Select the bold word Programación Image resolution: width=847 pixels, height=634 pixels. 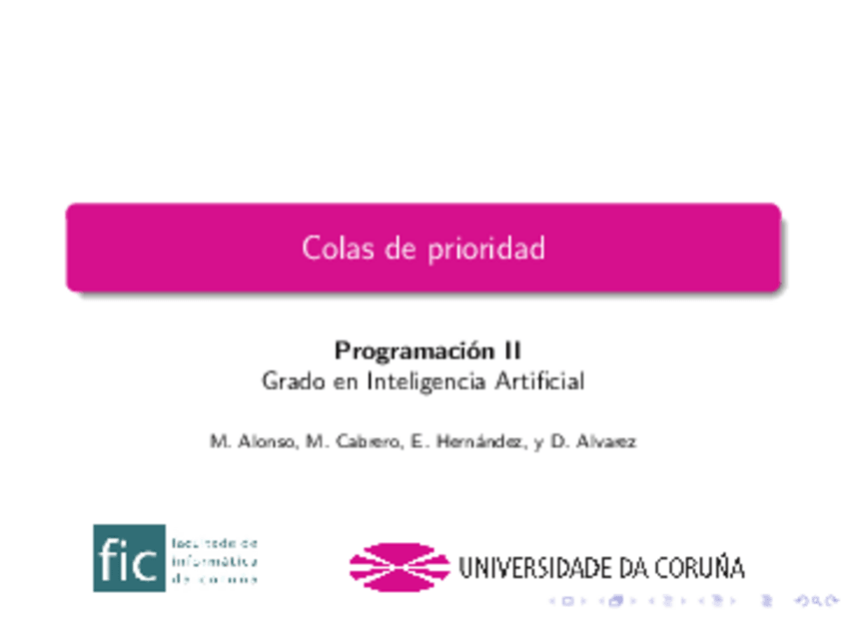click(x=414, y=351)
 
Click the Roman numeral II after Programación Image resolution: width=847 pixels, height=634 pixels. click(x=510, y=351)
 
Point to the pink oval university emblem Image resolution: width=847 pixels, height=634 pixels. click(x=399, y=566)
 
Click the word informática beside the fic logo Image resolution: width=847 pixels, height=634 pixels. click(x=216, y=560)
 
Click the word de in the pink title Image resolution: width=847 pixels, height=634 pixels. click(x=400, y=248)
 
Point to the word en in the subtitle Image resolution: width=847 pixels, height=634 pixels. click(x=345, y=381)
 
